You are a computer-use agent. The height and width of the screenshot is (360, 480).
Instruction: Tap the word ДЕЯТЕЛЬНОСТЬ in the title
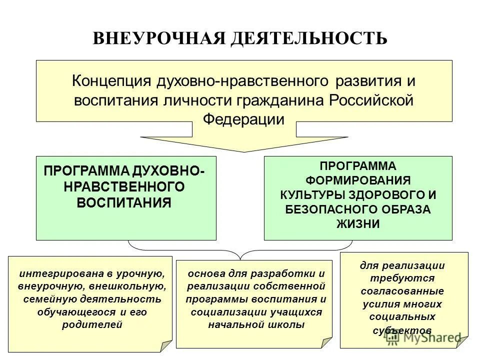point(308,38)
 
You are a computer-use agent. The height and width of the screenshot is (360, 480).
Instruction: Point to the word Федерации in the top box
point(244,119)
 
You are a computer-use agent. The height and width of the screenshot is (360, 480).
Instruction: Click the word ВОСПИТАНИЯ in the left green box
point(124,202)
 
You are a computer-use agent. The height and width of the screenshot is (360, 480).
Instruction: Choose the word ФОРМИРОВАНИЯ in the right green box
point(357,179)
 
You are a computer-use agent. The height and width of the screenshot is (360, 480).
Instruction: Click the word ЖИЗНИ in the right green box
point(357,224)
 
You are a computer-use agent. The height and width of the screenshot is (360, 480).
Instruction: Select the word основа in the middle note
point(203,274)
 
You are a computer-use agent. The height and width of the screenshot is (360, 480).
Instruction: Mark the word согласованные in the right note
point(402,291)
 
